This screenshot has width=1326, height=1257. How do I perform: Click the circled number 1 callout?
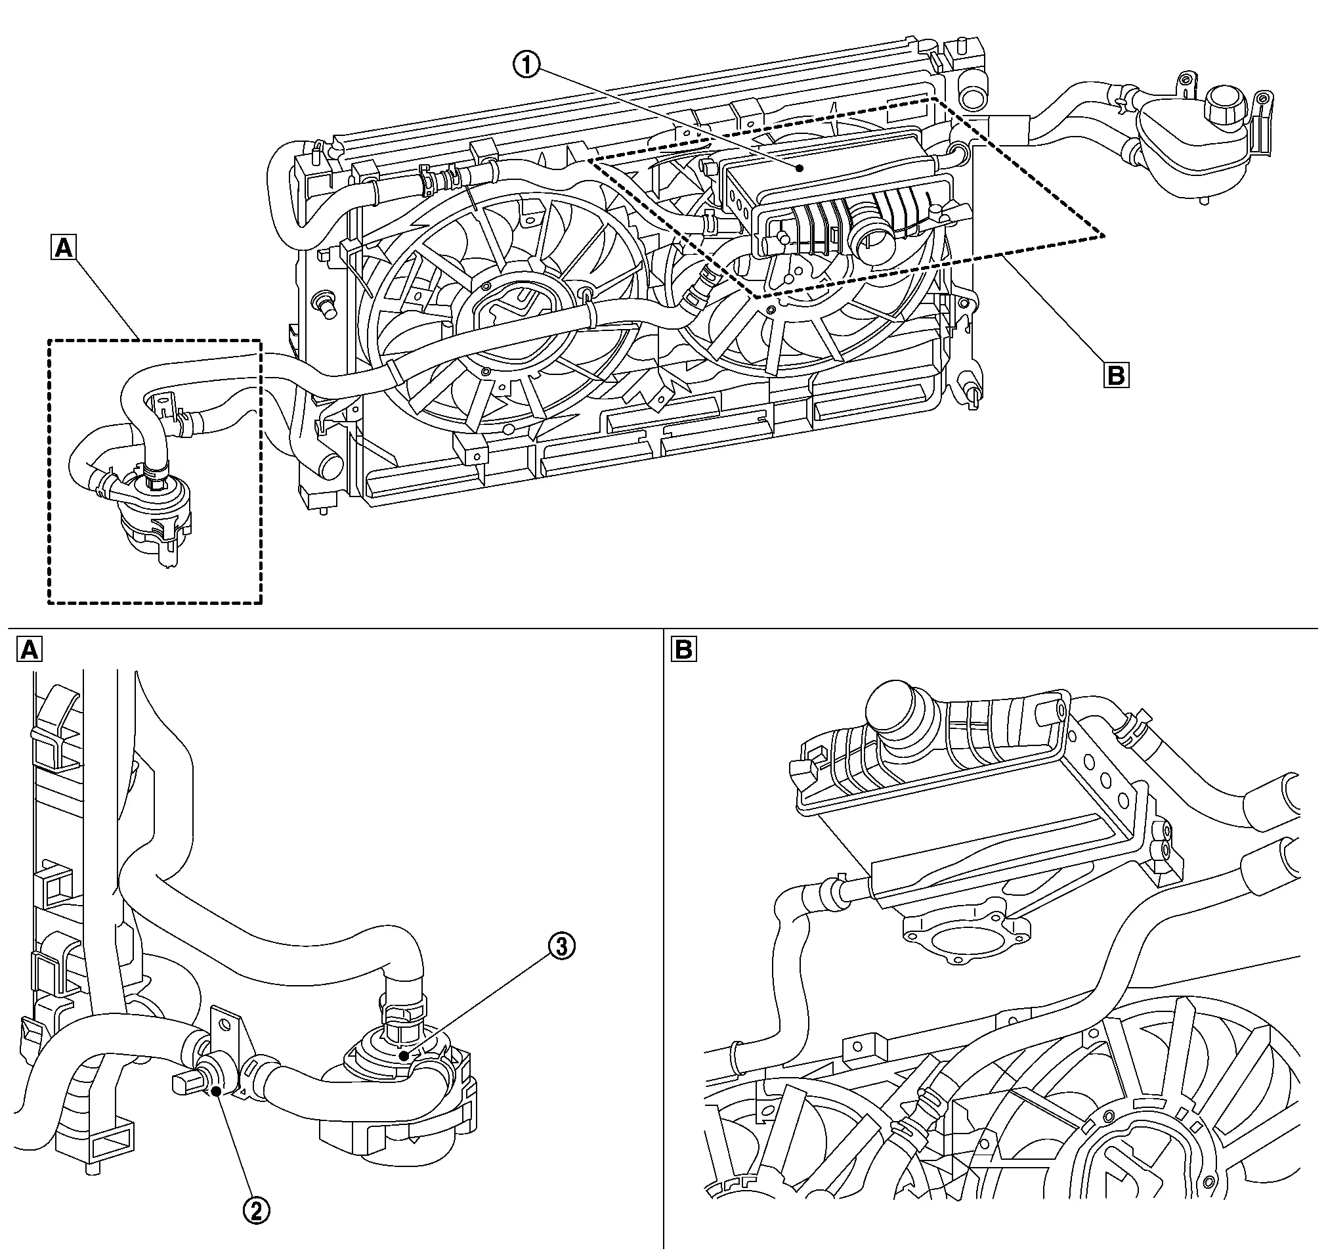coord(527,66)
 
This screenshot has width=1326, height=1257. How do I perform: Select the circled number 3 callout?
coord(561,948)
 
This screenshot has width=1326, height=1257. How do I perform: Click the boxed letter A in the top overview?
coord(64,248)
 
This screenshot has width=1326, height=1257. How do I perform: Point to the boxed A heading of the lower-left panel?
coord(29,650)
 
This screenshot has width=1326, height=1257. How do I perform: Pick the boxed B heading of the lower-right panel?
coord(684,650)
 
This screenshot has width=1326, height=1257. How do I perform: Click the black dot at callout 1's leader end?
coord(799,169)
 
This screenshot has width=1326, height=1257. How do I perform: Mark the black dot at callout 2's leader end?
coord(217,1111)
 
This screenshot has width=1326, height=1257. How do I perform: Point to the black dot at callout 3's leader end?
coord(404,1056)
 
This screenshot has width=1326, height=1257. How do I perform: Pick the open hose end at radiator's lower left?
coord(330,466)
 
